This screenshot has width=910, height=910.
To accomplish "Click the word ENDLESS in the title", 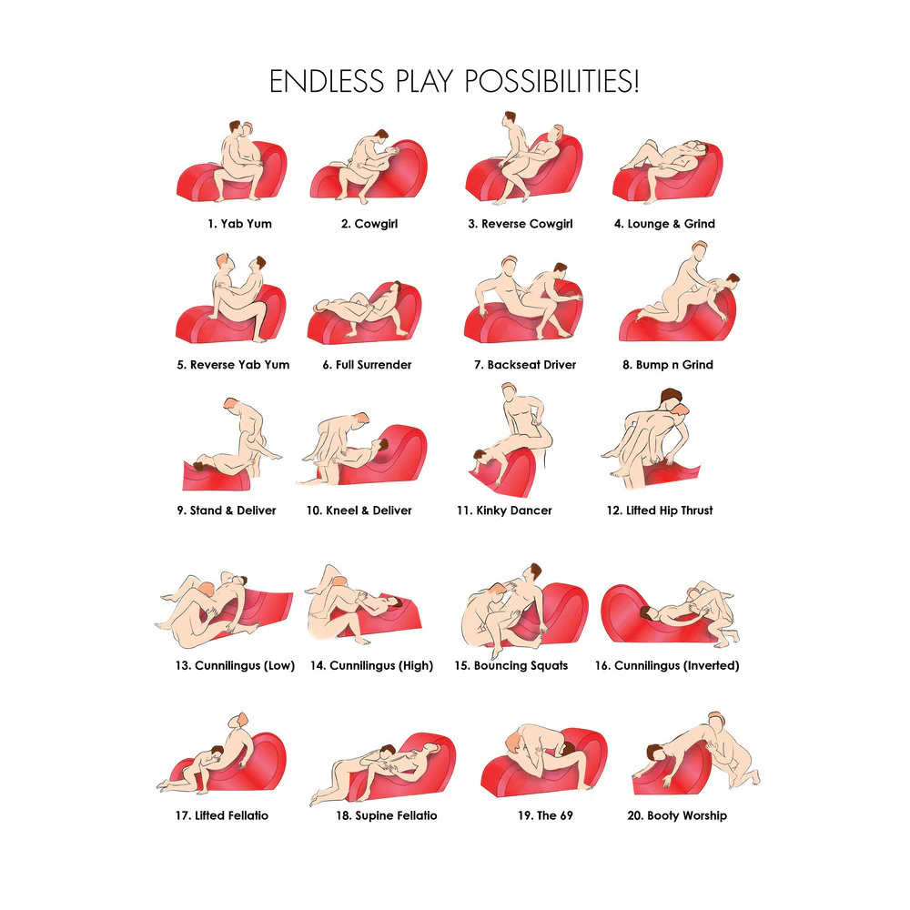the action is coord(327,81).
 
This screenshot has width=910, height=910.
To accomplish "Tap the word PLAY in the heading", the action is coord(424,81).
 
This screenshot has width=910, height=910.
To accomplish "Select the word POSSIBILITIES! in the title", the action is coord(551,81).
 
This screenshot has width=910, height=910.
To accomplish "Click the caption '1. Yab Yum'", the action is coord(239,224).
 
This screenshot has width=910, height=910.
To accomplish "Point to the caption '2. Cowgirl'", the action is coord(369,224).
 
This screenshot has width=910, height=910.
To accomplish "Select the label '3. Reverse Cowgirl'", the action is coord(521,224).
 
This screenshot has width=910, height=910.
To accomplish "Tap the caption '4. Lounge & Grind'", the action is coord(664,224).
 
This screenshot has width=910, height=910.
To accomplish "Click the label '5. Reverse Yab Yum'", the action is coord(233,365).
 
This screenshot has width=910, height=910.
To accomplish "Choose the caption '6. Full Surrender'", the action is coord(368,365).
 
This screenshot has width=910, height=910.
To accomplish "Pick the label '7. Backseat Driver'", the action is coord(525,365).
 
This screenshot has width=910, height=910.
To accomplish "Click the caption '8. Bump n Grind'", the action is coord(668,365).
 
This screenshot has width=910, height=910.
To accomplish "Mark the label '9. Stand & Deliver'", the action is coord(227,511).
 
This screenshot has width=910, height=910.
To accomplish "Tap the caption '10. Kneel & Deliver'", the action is coord(359,511).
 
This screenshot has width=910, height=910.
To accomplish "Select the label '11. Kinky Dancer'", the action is coord(504,511).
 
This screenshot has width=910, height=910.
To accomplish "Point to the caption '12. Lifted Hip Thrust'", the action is coord(660,511).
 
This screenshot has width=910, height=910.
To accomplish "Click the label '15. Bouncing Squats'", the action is coord(511,665).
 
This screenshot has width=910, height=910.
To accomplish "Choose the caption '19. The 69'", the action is coord(545,815).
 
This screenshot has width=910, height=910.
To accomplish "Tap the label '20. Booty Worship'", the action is coord(677,815).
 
